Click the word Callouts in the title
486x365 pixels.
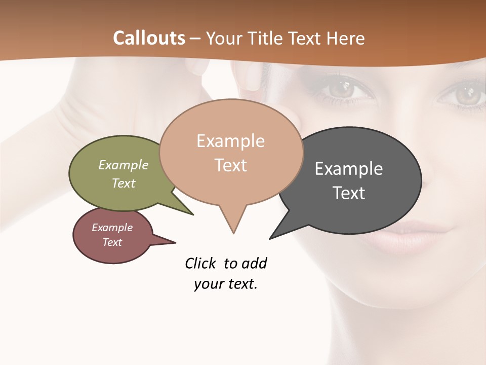[x=149, y=38]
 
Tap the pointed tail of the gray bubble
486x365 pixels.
[x=272, y=237]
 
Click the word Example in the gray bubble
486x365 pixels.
[x=349, y=169]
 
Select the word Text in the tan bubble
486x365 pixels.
[x=231, y=165]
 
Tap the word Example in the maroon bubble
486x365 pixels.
[x=112, y=228]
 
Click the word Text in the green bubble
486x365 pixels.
[x=124, y=183]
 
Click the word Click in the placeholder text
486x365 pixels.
[x=200, y=263]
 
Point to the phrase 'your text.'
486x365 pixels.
[x=226, y=284]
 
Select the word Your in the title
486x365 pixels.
[x=225, y=38]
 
